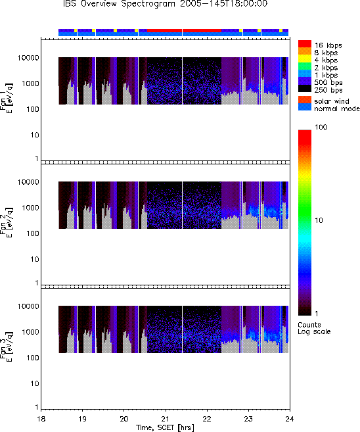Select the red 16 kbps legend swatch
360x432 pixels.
pyautogui.click(x=305, y=44)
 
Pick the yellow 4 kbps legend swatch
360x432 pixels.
pyautogui.click(x=305, y=59)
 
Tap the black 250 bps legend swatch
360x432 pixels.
pyautogui.click(x=305, y=89)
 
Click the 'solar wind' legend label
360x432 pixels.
pyautogui.click(x=332, y=101)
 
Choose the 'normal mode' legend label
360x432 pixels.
pyautogui.click(x=337, y=109)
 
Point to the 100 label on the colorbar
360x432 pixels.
pyautogui.click(x=321, y=127)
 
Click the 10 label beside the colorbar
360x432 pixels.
pyautogui.click(x=319, y=220)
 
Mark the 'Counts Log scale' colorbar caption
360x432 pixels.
pyautogui.click(x=314, y=328)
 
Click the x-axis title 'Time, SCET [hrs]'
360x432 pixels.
pyautogui.click(x=165, y=427)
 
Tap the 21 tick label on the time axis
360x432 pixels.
pyautogui.click(x=165, y=419)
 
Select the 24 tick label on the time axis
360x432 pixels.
pyautogui.click(x=290, y=419)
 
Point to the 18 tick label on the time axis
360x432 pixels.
pyautogui.click(x=41, y=419)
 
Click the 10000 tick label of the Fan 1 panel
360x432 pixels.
pyautogui.click(x=28, y=58)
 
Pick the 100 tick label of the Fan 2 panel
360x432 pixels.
pyautogui.click(x=33, y=233)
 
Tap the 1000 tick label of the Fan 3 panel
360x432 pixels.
pyautogui.click(x=31, y=332)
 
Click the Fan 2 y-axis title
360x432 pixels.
pyautogui.click(x=6, y=222)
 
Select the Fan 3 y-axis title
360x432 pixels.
pyautogui.click(x=6, y=347)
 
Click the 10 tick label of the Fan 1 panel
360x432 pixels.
pyautogui.click(x=35, y=135)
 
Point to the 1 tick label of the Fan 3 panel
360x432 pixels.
pyautogui.click(x=37, y=407)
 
